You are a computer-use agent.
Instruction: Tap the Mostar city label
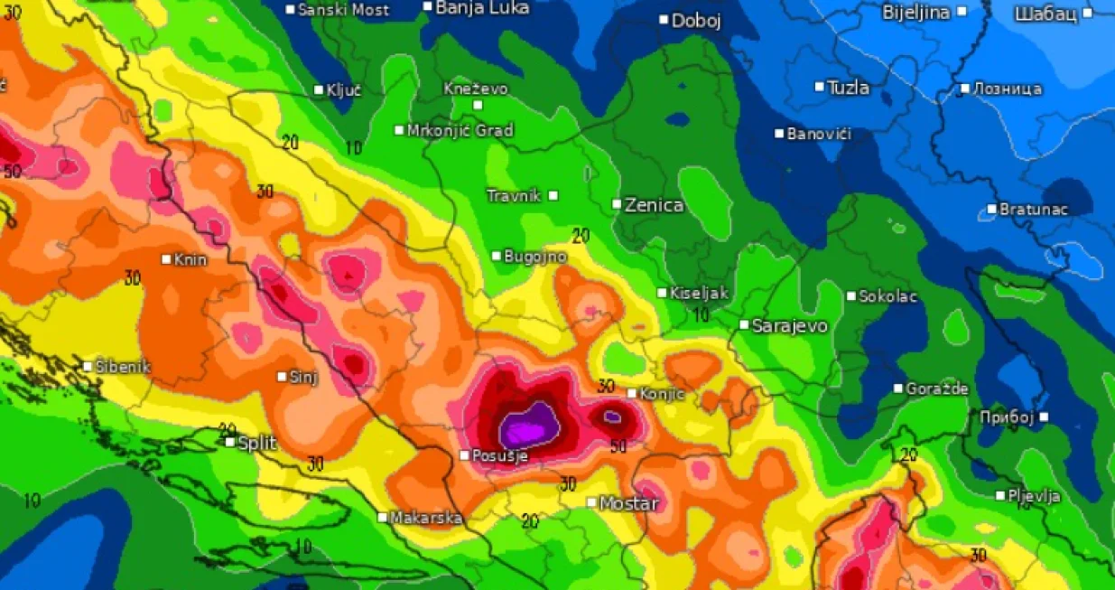point(629,503)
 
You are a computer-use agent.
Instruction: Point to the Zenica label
point(654,205)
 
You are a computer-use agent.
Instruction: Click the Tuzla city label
point(848,88)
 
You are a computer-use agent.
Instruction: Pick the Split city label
point(256,443)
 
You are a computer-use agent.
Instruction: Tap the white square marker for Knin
point(166,259)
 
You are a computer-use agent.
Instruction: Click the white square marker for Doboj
point(664,19)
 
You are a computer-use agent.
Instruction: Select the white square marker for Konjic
point(632,393)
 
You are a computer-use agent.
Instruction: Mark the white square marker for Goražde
point(898,389)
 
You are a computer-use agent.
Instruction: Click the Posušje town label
point(499,456)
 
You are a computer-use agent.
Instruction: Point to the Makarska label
point(426,518)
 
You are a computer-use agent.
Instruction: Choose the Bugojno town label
point(535,257)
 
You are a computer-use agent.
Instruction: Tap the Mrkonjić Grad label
point(460,130)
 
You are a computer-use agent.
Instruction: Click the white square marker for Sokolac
point(850,295)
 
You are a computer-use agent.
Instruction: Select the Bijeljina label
point(915,12)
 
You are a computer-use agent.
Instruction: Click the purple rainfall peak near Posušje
point(531,423)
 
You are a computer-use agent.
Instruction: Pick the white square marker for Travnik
point(553,195)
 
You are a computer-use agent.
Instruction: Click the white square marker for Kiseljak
point(663,293)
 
